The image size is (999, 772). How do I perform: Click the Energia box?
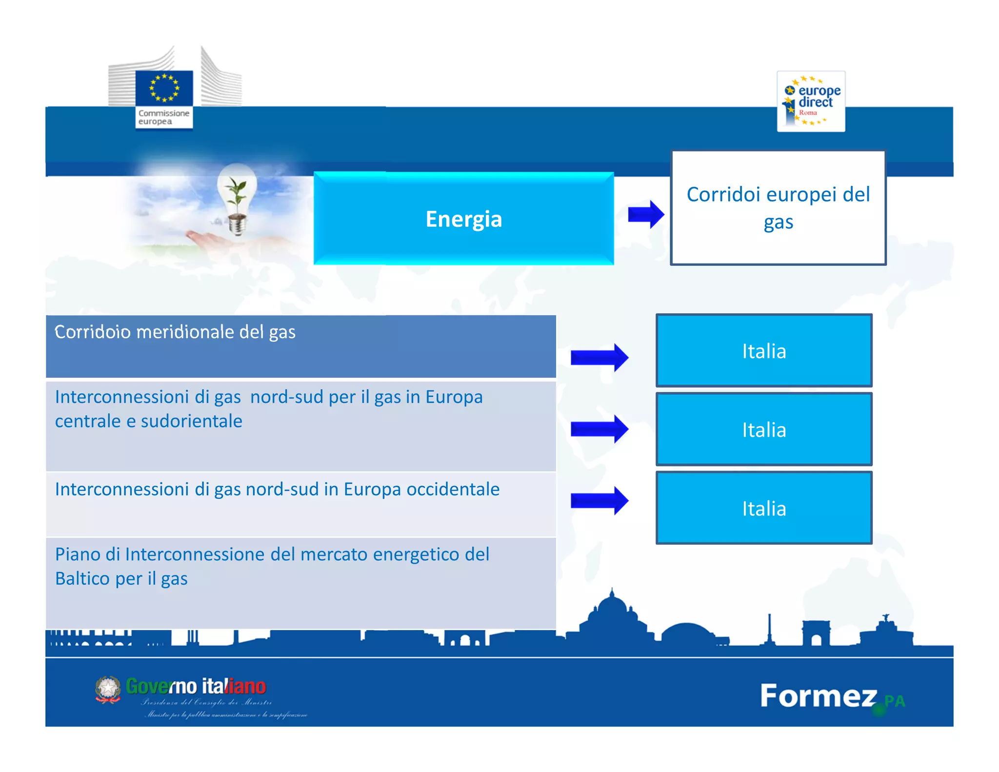pos(463,218)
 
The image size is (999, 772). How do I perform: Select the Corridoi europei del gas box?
pos(778,208)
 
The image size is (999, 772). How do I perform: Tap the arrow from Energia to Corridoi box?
pos(645,214)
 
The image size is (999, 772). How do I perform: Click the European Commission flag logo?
pos(164,89)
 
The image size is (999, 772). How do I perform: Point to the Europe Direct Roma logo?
pos(811,102)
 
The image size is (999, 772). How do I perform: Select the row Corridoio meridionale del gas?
pos(300,346)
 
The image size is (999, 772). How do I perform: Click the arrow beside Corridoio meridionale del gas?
pos(599,357)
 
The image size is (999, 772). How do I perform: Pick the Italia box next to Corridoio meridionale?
pos(764,351)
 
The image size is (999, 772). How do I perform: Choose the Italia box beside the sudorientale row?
pos(764,429)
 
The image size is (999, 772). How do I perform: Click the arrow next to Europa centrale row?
pos(599,429)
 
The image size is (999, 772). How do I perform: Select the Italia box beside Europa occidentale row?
pos(764,508)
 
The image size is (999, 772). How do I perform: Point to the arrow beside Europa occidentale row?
pos(599,500)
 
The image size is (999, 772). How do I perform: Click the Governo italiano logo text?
pos(196,686)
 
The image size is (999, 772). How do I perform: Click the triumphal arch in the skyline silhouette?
pos(816,633)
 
